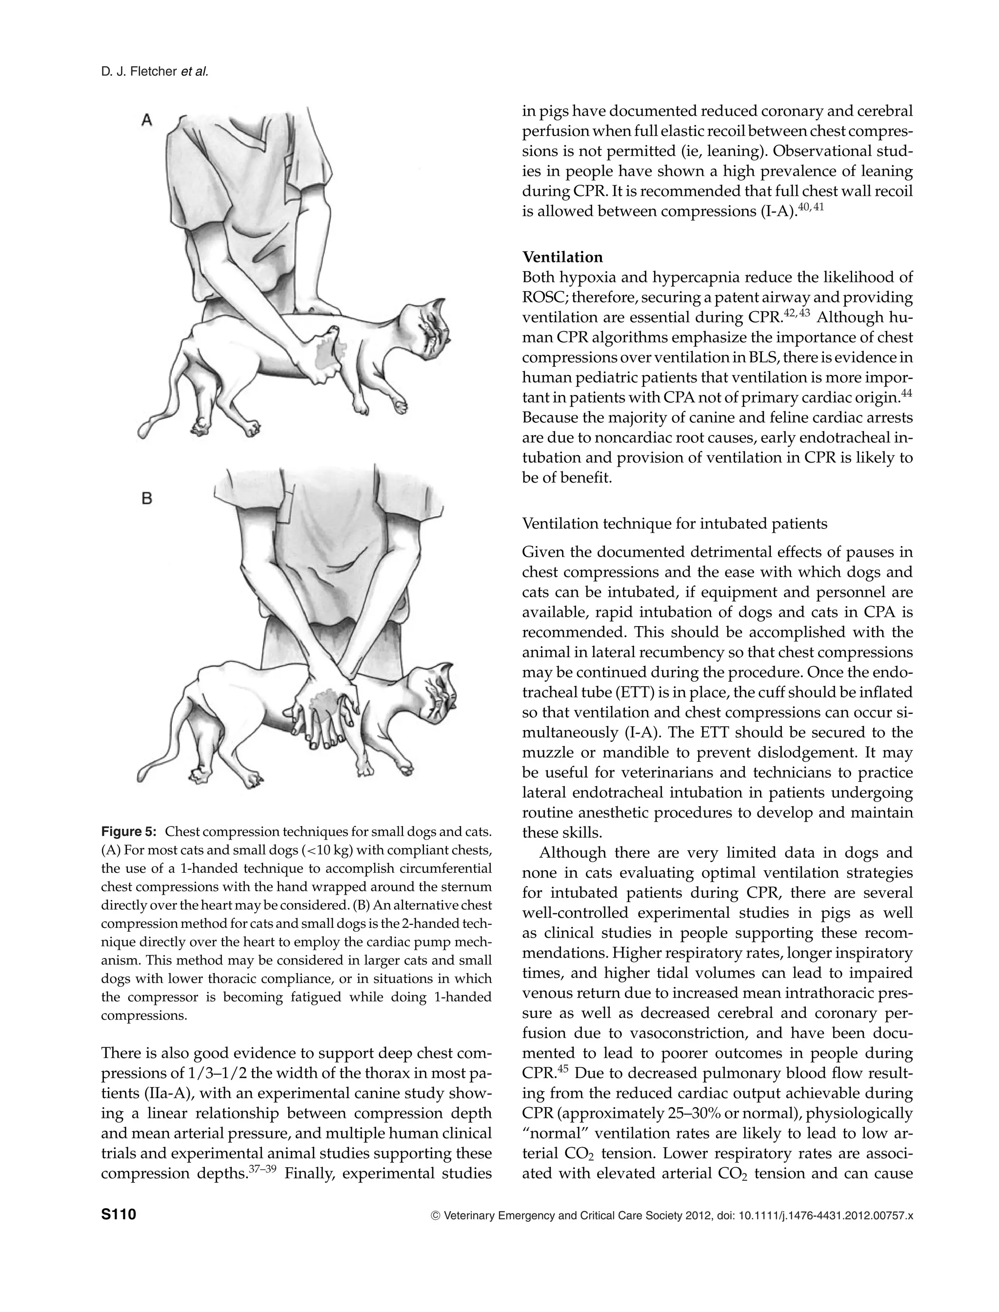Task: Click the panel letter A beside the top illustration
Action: pyautogui.click(x=147, y=120)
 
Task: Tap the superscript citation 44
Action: pyautogui.click(x=906, y=393)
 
